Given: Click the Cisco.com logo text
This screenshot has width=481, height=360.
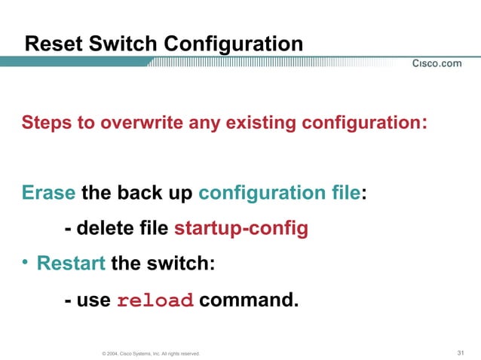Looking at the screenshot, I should tap(437, 64).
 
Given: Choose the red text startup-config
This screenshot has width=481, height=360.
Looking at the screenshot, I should tap(241, 229).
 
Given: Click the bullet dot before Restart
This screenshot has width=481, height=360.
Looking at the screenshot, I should tap(26, 264).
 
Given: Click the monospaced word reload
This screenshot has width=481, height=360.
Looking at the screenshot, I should tap(155, 301).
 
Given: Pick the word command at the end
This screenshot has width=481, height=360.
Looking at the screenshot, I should tap(248, 301).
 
